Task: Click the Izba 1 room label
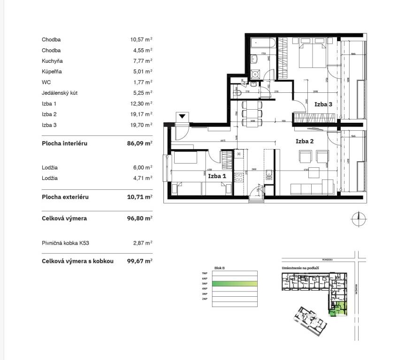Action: pyautogui.click(x=217, y=176)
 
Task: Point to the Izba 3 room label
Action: pyautogui.click(x=323, y=105)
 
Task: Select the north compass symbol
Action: pyautogui.click(x=359, y=217)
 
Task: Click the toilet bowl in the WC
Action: pyautogui.click(x=237, y=93)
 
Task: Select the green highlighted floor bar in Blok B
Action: pyautogui.click(x=235, y=284)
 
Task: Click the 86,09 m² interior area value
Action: pyautogui.click(x=141, y=143)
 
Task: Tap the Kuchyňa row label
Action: pyautogui.click(x=52, y=61)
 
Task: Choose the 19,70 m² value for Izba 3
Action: pyautogui.click(x=141, y=125)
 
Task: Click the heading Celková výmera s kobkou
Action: pyautogui.click(x=77, y=261)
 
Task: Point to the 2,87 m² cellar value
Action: pyautogui.click(x=142, y=243)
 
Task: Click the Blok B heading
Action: pyautogui.click(x=220, y=268)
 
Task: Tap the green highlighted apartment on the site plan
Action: pyautogui.click(x=337, y=310)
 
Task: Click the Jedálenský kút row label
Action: pyautogui.click(x=60, y=93)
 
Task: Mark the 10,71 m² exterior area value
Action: pyautogui.click(x=141, y=197)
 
